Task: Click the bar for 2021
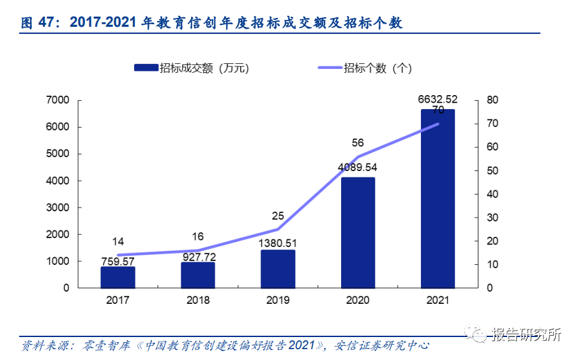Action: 438,199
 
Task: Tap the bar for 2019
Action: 278,269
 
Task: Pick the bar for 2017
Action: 118,277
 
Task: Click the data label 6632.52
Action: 438,99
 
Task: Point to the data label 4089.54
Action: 358,168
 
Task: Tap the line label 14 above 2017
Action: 118,241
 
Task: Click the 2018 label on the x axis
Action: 198,299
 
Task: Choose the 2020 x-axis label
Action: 358,299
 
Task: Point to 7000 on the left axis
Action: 58,100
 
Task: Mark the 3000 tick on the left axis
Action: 58,207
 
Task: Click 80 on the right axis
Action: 491,100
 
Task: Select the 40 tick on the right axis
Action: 491,194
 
